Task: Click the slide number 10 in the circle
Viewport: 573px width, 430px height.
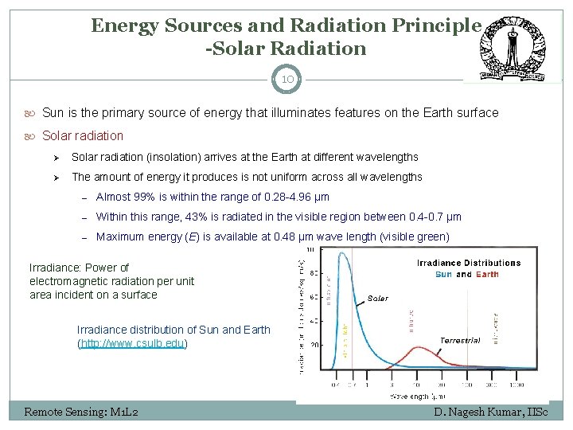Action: point(286,79)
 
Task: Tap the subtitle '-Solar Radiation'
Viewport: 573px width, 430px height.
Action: point(286,49)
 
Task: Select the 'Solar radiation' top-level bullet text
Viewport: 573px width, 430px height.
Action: point(83,135)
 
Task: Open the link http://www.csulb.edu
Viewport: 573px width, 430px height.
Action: point(132,344)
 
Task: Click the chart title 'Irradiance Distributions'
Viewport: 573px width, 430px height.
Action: point(469,263)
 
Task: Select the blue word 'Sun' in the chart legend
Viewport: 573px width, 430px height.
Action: point(443,274)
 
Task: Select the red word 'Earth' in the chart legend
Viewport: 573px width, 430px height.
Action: point(487,274)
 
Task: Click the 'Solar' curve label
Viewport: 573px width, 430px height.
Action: point(378,298)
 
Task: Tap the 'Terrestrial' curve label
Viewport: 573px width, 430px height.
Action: point(460,340)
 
